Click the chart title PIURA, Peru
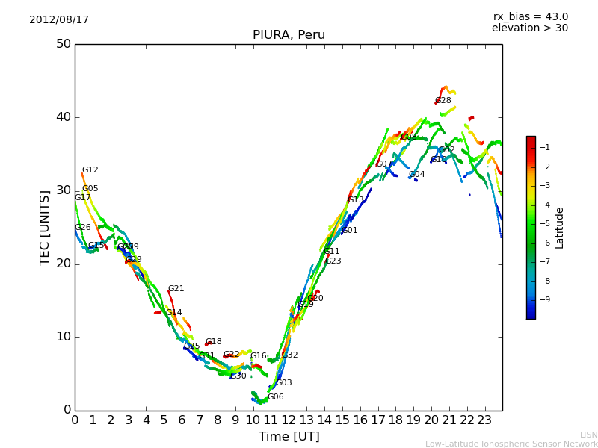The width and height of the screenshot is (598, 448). [289, 35]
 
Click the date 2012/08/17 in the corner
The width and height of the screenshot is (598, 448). [59, 20]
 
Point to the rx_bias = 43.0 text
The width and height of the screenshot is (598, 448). [530, 17]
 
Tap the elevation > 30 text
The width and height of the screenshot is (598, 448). [529, 28]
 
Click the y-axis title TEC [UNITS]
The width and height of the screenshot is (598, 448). [45, 227]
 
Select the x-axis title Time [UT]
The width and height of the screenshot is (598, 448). [289, 437]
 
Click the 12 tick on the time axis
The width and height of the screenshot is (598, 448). [289, 420]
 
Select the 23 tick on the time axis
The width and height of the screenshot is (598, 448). [484, 420]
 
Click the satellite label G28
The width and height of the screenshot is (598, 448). [443, 101]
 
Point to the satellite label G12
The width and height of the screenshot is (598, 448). [90, 170]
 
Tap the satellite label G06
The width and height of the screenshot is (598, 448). [275, 397]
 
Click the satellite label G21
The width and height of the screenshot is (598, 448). [176, 289]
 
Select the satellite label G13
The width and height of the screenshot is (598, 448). [355, 200]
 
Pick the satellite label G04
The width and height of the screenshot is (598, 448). [416, 175]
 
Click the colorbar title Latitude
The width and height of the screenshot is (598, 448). [560, 228]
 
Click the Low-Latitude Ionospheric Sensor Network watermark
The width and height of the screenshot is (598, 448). [511, 444]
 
